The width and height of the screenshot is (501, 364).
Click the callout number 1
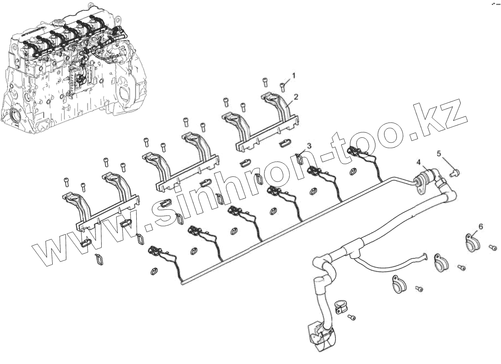[294, 76]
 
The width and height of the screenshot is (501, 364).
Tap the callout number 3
[309, 146]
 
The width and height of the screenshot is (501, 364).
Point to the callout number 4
[419, 162]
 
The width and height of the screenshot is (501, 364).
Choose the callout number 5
[439, 153]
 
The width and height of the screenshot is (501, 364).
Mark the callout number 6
[480, 226]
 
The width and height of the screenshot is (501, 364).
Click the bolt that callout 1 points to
[283, 86]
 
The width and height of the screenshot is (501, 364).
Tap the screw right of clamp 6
[492, 248]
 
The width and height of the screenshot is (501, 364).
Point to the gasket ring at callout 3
[300, 158]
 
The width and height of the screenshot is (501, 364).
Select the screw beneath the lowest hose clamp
[352, 317]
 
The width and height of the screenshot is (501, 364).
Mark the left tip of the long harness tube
[182, 283]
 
